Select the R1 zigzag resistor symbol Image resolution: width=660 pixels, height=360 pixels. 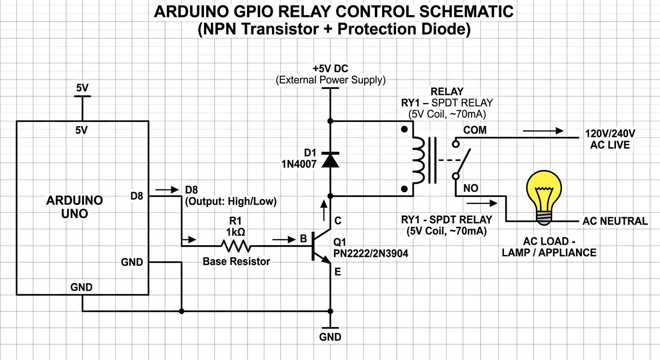click(236, 246)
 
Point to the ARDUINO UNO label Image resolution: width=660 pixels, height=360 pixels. click(75, 207)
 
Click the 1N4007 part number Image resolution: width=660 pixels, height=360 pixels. click(299, 164)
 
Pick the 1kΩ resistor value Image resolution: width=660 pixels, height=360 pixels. click(235, 232)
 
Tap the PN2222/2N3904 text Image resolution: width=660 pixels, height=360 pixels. click(371, 253)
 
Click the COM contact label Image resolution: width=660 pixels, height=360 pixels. click(475, 130)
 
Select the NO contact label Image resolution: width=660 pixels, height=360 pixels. click(471, 188)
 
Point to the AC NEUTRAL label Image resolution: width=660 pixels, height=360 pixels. click(615, 221)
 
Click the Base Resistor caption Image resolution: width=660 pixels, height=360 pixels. click(236, 261)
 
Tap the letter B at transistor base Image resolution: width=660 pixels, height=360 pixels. click(303, 238)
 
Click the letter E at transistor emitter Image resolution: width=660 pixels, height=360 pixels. click(337, 271)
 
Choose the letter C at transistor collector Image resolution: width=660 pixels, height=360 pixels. click(337, 220)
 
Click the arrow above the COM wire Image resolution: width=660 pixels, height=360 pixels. click(543, 131)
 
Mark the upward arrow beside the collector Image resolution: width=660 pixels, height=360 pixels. click(324, 210)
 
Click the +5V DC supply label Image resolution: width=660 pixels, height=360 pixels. click(330, 68)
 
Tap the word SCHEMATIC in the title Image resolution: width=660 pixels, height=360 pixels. click(466, 12)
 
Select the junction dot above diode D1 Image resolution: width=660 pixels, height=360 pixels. click(330, 121)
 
